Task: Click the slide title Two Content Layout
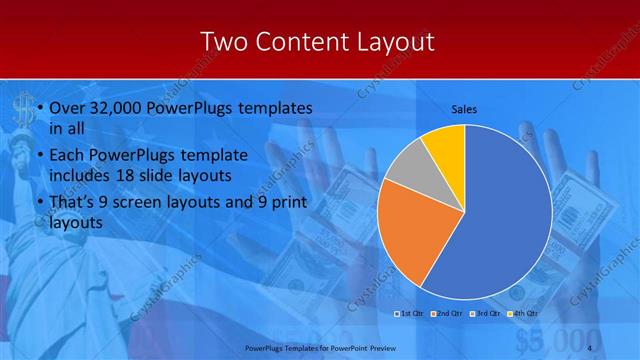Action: [317, 41]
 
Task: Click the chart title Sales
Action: [464, 108]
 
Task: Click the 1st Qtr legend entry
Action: [410, 313]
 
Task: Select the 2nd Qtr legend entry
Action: [445, 313]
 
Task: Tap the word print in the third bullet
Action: [285, 203]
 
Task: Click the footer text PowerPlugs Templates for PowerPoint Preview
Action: [316, 348]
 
